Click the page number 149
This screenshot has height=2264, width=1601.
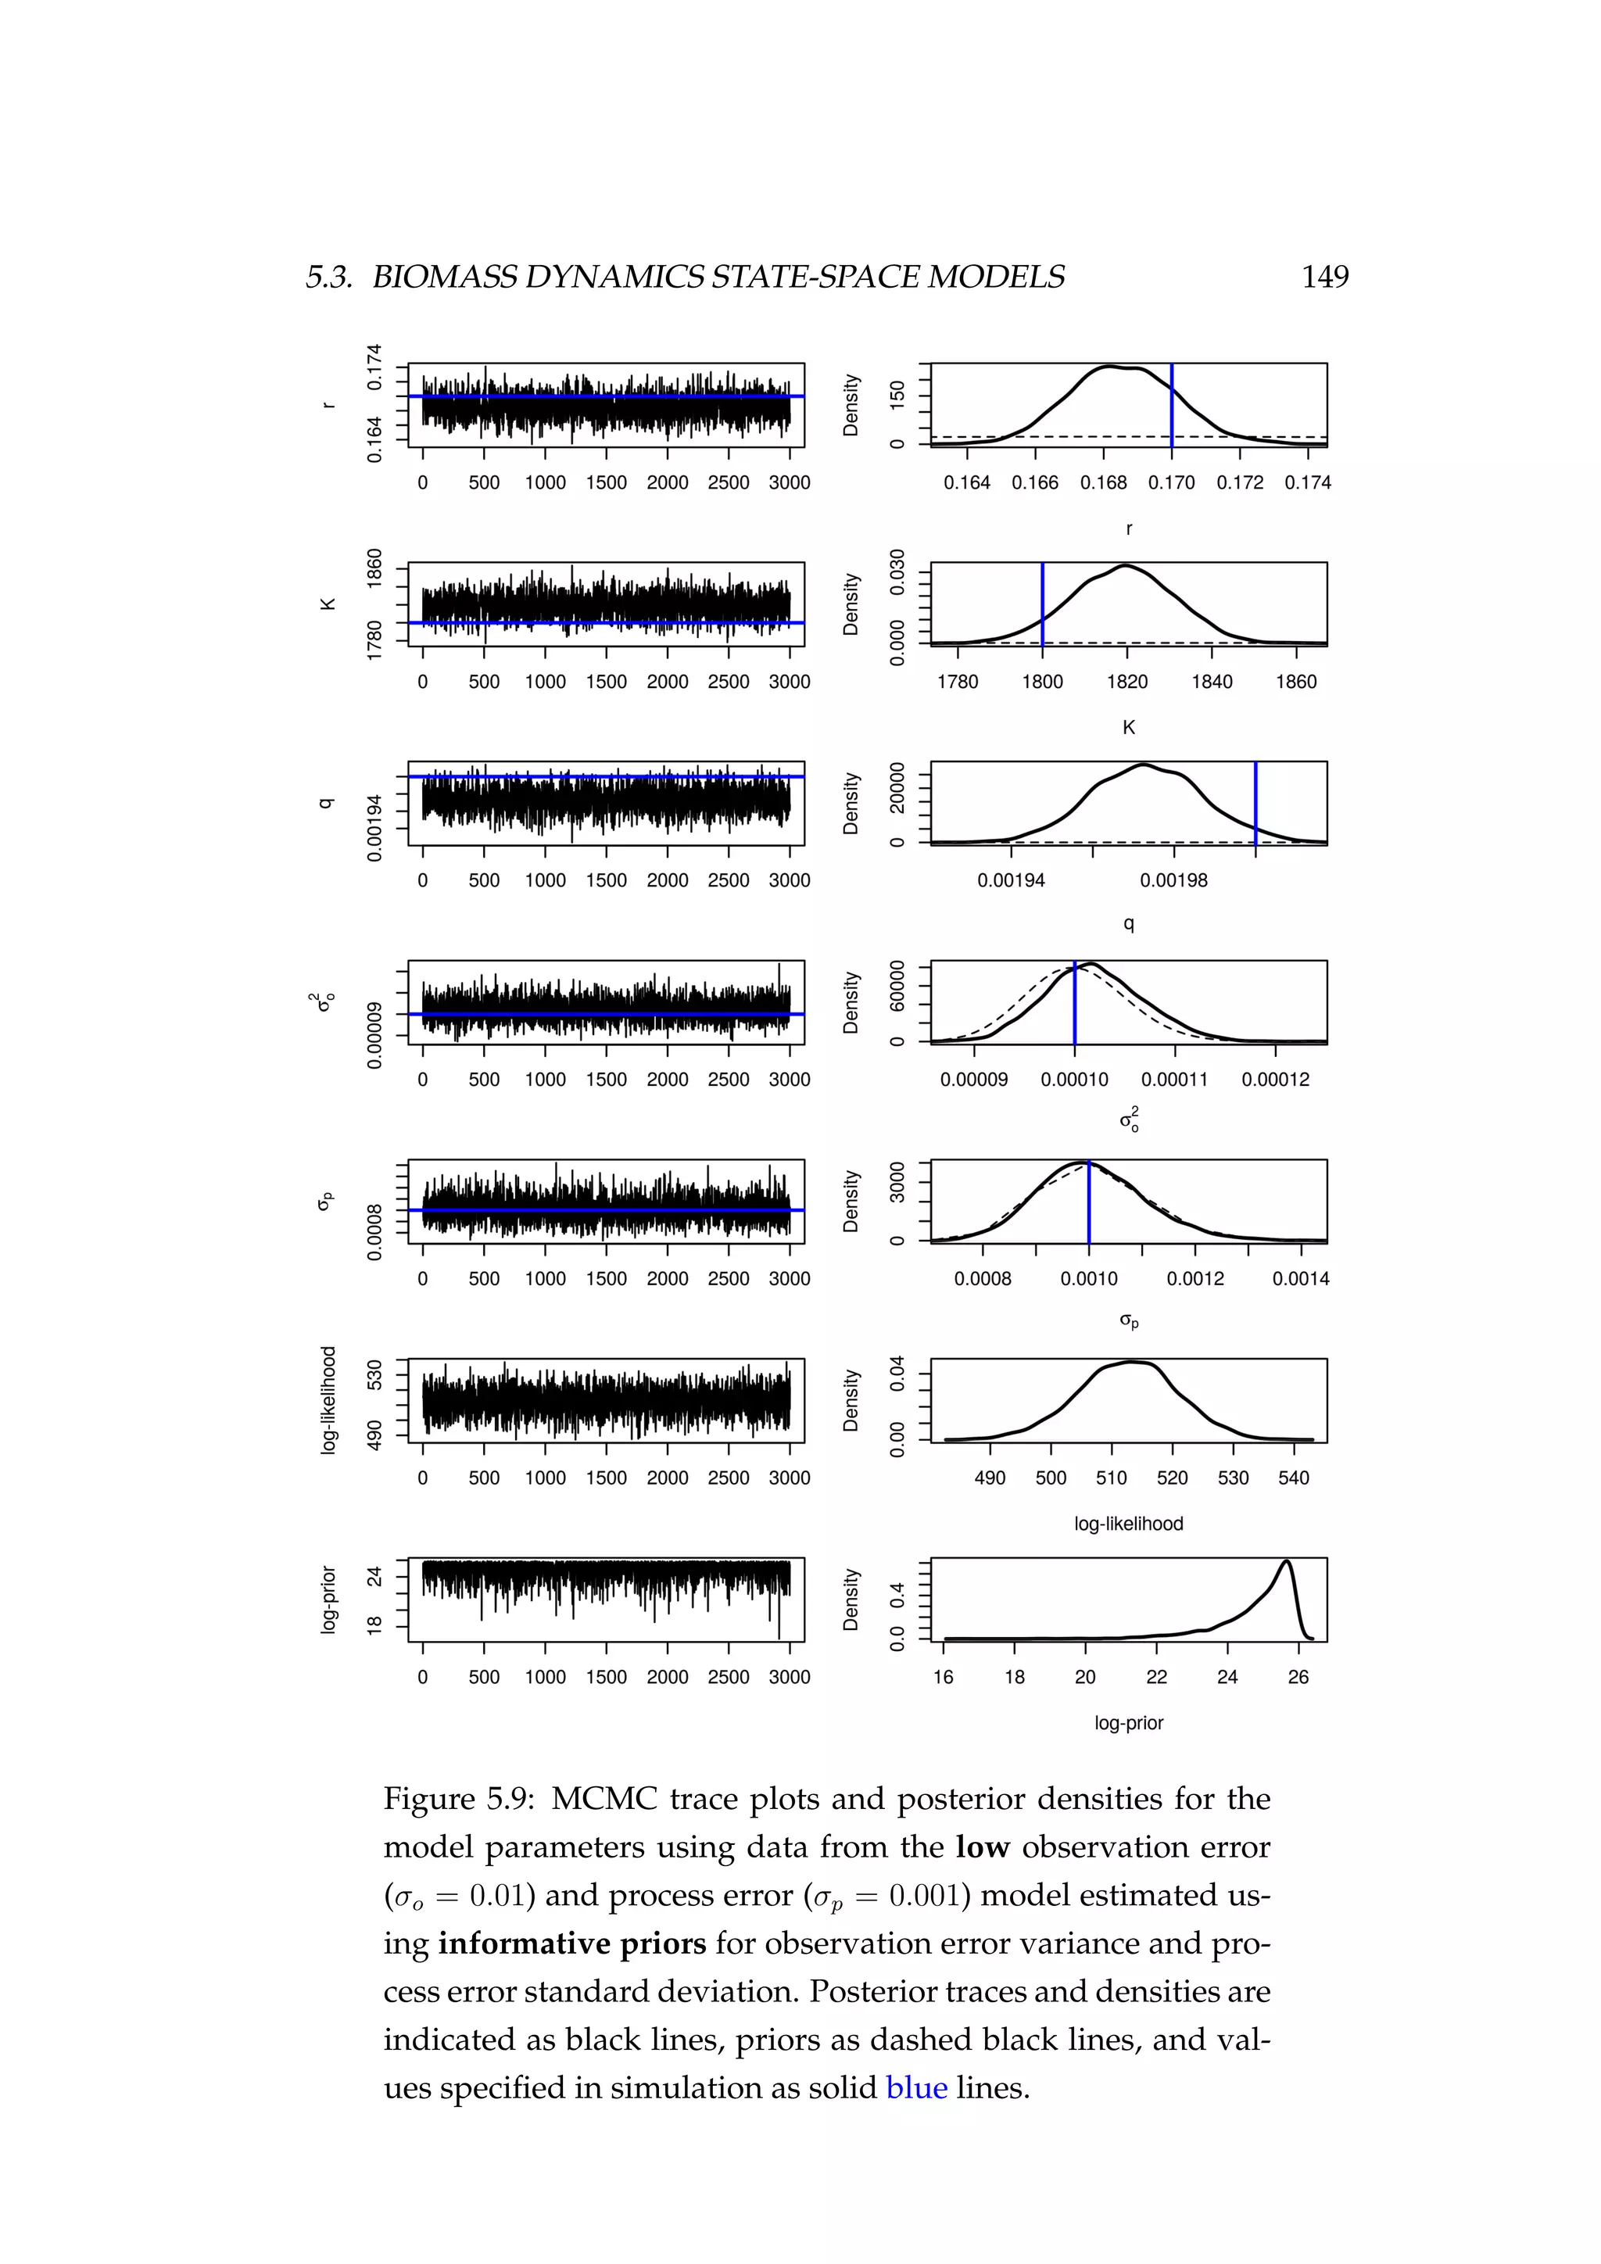pyautogui.click(x=1324, y=277)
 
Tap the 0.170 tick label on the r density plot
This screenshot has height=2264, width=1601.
pyautogui.click(x=1171, y=483)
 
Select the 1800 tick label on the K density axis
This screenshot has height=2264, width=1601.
pyautogui.click(x=1042, y=682)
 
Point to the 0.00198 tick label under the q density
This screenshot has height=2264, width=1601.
pyautogui.click(x=1173, y=880)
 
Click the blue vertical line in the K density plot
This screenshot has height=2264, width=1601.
pyautogui.click(x=1042, y=604)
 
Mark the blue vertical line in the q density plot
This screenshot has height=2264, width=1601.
pyautogui.click(x=1255, y=803)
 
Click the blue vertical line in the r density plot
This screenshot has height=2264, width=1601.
pyautogui.click(x=1171, y=404)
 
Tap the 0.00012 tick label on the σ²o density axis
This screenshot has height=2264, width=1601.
pyautogui.click(x=1276, y=1080)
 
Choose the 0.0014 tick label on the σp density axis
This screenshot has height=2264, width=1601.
pyautogui.click(x=1300, y=1279)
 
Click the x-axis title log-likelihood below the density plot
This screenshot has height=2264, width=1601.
pyautogui.click(x=1129, y=1524)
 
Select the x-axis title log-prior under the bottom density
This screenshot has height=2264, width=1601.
pyautogui.click(x=1129, y=1723)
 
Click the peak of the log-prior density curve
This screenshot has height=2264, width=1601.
pyautogui.click(x=1285, y=1561)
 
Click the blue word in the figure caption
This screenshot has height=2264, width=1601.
pyautogui.click(x=916, y=2087)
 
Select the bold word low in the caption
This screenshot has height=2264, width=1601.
pyautogui.click(x=982, y=1847)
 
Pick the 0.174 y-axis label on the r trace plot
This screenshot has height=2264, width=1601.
pyautogui.click(x=374, y=367)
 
